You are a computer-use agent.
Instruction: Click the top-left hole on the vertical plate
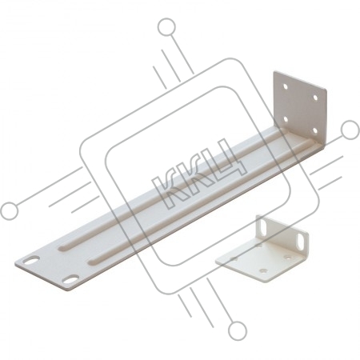[286, 86]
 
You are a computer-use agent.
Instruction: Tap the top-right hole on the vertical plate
[315, 98]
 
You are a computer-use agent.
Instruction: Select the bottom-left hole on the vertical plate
[286, 119]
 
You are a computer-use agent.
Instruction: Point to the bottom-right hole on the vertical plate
[315, 130]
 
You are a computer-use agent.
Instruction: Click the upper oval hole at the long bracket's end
[31, 260]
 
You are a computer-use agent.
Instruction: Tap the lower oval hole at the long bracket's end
[70, 279]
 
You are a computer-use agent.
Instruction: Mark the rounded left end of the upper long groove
[62, 246]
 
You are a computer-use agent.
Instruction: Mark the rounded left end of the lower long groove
[92, 262]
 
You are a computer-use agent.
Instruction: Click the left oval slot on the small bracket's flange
[263, 227]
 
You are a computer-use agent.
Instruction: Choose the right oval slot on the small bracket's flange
[303, 241]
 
